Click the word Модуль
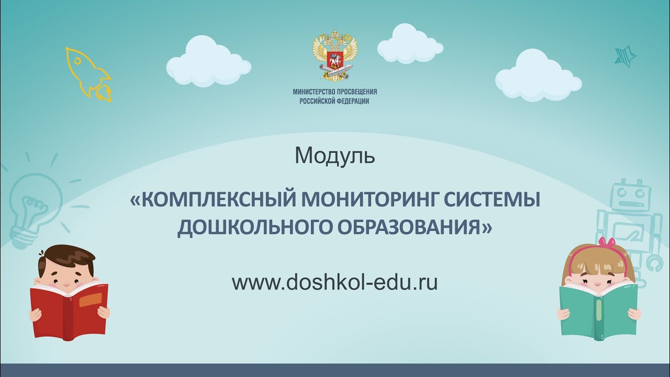(x=335, y=156)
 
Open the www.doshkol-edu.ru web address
(x=334, y=283)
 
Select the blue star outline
(x=626, y=54)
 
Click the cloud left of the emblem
(x=208, y=62)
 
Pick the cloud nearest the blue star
(x=538, y=76)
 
